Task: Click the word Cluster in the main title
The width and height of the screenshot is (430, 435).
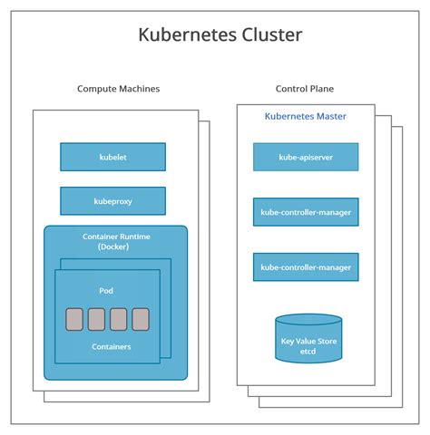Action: tap(269, 35)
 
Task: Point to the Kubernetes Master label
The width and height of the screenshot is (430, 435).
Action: tap(305, 116)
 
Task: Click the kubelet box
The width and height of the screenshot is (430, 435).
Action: tap(112, 157)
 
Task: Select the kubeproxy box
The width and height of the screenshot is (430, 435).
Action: tap(112, 200)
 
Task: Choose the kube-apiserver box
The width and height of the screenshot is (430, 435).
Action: tap(306, 157)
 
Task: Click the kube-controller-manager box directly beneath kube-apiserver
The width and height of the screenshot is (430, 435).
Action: tap(306, 213)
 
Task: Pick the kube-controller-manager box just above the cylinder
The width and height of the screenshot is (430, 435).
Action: tap(306, 267)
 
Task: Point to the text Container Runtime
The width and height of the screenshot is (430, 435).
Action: tap(116, 237)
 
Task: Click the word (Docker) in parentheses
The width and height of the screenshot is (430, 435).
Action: tap(116, 247)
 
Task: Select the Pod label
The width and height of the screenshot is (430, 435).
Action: tap(106, 290)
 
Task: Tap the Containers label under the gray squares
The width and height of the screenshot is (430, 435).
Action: tap(111, 346)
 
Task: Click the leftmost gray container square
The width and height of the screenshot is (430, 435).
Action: tap(74, 319)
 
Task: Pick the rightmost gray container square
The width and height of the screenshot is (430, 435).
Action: tap(141, 319)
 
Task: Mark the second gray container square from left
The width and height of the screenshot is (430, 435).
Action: tap(96, 319)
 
